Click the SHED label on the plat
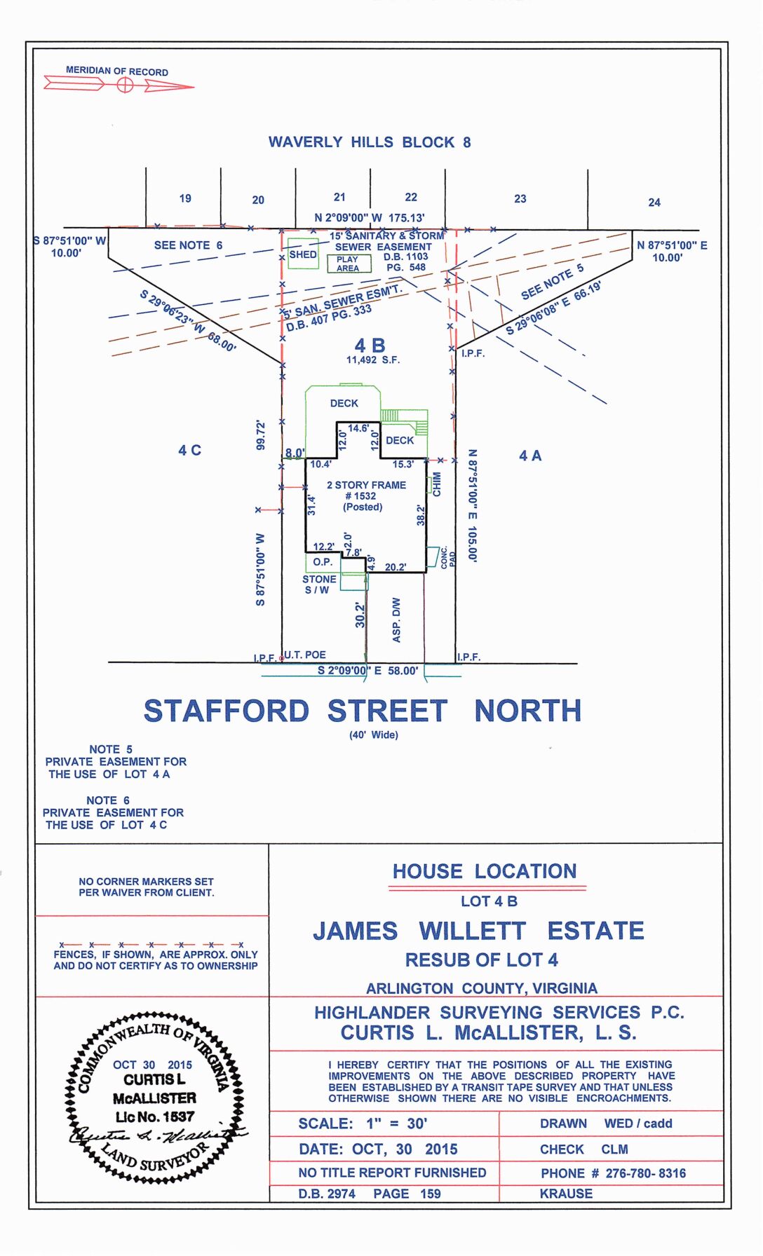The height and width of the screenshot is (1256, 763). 303,254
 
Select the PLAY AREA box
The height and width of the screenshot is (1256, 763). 349,264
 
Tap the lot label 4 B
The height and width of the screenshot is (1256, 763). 370,346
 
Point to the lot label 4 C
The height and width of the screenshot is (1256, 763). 189,450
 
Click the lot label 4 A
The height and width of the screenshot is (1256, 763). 530,456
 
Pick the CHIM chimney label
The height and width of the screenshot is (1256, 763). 437,484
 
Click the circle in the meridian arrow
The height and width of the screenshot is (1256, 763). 125,85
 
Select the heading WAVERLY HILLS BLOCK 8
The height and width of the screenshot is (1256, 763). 370,142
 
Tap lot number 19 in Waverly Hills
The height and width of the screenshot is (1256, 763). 185,198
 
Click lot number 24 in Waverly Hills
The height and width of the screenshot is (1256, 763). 654,203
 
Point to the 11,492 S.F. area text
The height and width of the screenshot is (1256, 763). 373,360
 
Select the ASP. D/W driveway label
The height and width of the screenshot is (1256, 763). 396,620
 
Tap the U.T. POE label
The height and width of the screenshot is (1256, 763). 305,655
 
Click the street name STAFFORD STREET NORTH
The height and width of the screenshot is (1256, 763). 363,711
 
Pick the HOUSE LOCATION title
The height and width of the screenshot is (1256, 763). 485,871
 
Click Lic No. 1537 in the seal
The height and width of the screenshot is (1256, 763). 155,1117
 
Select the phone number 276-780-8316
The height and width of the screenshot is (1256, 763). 645,1173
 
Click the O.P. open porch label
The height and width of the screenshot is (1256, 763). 323,562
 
